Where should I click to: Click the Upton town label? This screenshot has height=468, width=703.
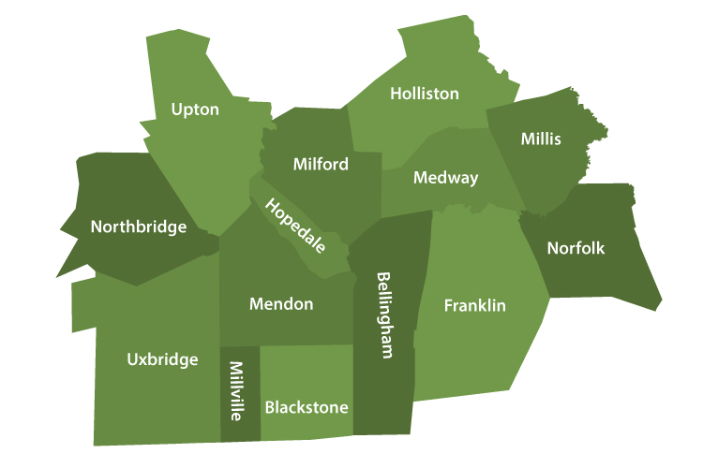click(x=195, y=110)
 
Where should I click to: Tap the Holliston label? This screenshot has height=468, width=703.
click(x=425, y=94)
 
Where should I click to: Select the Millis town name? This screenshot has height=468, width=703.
click(x=541, y=139)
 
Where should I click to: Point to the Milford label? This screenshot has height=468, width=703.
click(x=321, y=165)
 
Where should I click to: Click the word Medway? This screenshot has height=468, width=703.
click(x=446, y=178)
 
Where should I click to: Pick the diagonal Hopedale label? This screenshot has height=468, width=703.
click(x=295, y=227)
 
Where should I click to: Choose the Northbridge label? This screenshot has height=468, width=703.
click(x=139, y=227)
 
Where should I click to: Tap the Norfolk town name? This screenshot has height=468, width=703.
click(x=576, y=249)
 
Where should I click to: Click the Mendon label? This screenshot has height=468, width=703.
click(x=281, y=304)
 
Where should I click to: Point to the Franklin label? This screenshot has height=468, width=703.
click(x=475, y=306)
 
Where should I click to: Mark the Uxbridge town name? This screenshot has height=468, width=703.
click(x=162, y=359)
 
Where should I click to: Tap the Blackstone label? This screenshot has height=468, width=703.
click(x=307, y=408)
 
